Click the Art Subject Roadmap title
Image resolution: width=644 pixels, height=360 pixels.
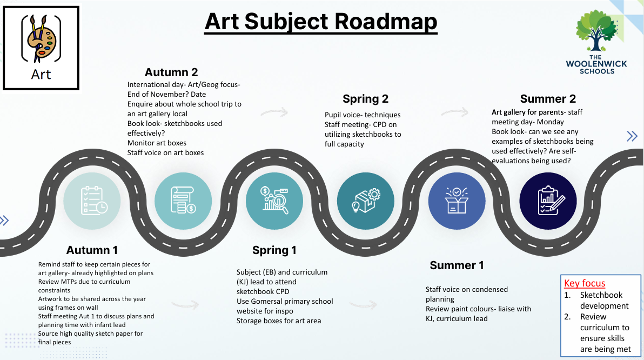[x=321, y=22]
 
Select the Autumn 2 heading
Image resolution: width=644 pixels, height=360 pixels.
[x=171, y=72]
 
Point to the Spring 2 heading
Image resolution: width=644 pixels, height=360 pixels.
[x=366, y=99]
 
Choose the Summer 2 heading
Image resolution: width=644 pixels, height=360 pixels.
[x=548, y=99]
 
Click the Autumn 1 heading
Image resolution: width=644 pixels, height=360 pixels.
[x=92, y=250]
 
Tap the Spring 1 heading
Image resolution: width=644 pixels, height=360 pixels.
[x=274, y=250]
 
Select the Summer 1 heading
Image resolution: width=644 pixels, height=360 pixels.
[x=457, y=265]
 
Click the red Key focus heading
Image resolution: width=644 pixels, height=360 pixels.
[x=585, y=283]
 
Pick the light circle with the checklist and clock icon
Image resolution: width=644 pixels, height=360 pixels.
[x=92, y=201]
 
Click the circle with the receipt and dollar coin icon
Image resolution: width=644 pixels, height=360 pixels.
[x=183, y=201]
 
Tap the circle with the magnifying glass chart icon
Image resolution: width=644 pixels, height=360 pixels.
[x=274, y=201]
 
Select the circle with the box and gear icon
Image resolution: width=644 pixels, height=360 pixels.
[x=366, y=201]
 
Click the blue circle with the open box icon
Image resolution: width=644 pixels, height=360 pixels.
[x=457, y=201]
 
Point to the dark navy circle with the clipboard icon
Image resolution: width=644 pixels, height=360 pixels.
[x=548, y=201]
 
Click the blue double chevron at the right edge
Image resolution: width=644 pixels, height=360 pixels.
[x=632, y=136]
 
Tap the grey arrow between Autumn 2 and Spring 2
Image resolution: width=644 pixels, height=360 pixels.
[x=274, y=112]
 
